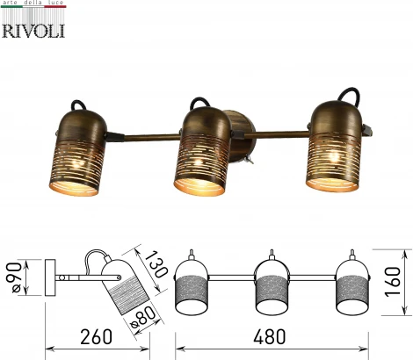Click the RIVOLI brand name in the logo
coord(33,31)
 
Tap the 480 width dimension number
coord(269,336)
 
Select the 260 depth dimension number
coord(97,336)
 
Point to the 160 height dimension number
coord(392,282)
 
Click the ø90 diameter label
coord(14,277)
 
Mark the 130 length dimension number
coord(156,264)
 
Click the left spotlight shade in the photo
coord(77,153)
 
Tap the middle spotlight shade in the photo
coord(203,151)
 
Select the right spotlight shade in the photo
coord(334,146)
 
